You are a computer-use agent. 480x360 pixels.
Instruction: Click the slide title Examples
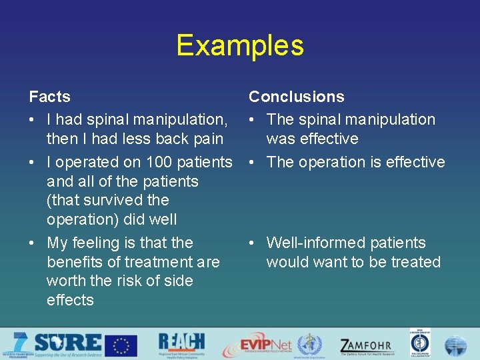pyautogui.click(x=240, y=45)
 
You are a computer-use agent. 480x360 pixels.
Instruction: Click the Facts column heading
pyautogui.click(x=49, y=97)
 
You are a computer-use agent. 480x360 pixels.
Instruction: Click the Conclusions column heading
pyautogui.click(x=297, y=97)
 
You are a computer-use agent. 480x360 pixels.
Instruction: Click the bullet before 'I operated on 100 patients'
pyautogui.click(x=33, y=162)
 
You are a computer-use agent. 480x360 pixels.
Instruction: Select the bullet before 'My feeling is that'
pyautogui.click(x=33, y=243)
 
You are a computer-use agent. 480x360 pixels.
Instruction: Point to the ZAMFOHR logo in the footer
pyautogui.click(x=366, y=346)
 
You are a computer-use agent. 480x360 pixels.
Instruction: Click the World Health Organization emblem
pyautogui.click(x=309, y=345)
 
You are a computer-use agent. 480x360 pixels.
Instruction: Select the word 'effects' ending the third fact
pyautogui.click(x=70, y=300)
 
